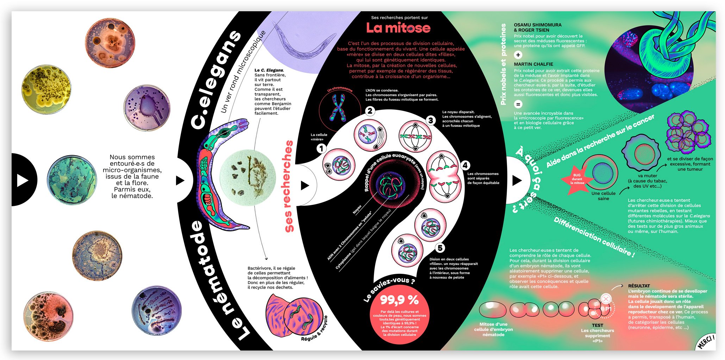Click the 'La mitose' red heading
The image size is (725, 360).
(x=398, y=28)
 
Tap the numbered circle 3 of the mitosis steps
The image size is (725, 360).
(x=430, y=120)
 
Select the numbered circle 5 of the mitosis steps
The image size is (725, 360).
(x=440, y=248)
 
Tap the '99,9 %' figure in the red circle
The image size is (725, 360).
(x=399, y=300)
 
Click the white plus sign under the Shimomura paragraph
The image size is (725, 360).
(x=518, y=55)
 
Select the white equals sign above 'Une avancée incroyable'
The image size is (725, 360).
(x=518, y=104)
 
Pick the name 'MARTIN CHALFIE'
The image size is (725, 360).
(x=533, y=64)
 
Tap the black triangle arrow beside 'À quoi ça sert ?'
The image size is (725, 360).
(x=517, y=181)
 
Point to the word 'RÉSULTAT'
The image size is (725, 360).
(x=639, y=286)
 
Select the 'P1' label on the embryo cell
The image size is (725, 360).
(x=608, y=309)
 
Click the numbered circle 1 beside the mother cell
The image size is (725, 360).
(x=321, y=149)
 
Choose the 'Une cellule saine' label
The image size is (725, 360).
(x=603, y=196)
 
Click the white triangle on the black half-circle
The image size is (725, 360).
(x=23, y=180)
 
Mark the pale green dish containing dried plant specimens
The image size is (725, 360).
(x=248, y=178)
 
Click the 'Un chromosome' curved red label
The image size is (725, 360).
(x=340, y=89)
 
